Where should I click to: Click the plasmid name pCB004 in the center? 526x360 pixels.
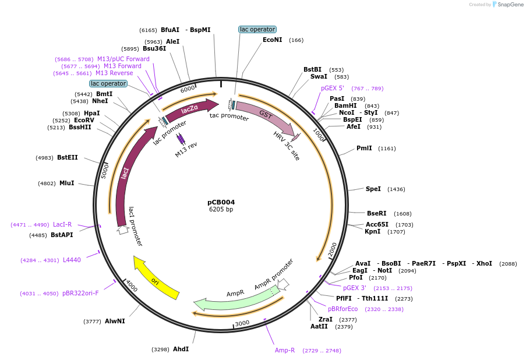221,202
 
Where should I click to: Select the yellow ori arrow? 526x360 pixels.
156,278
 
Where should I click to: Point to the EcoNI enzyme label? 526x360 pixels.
272,40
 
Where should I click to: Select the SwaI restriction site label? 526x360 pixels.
319,77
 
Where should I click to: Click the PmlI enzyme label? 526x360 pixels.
364,149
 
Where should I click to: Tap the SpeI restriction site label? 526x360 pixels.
373,189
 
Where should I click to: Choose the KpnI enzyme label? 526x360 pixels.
373,231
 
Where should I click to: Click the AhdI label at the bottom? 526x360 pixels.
181,349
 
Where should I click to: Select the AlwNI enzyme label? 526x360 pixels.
115,321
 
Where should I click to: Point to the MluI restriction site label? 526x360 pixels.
66,183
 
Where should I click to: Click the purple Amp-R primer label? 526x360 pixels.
285,350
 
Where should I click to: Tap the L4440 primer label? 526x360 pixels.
72,260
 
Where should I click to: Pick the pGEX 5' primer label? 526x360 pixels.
333,89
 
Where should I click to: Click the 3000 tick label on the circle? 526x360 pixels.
242,323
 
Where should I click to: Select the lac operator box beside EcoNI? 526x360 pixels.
257,29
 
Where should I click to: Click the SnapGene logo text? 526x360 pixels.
510,5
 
